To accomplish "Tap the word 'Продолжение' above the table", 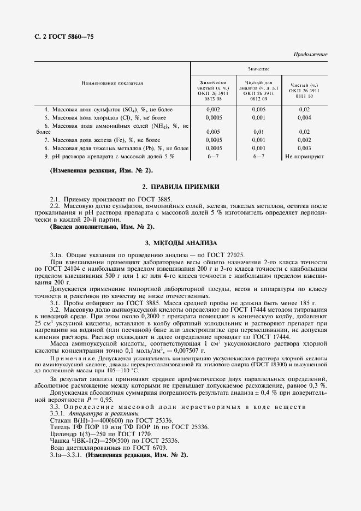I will pos(310,55).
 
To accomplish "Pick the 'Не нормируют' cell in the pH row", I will pos(305,156).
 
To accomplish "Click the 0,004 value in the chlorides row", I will pos(305,117).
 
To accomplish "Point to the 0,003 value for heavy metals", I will pos(305,148).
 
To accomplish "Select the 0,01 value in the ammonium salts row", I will pos(259,132).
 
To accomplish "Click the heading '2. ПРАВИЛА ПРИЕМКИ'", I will pos(180,187).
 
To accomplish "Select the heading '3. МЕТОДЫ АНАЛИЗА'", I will pos(180,242).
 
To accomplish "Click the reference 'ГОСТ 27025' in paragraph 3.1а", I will pos(228,254).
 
